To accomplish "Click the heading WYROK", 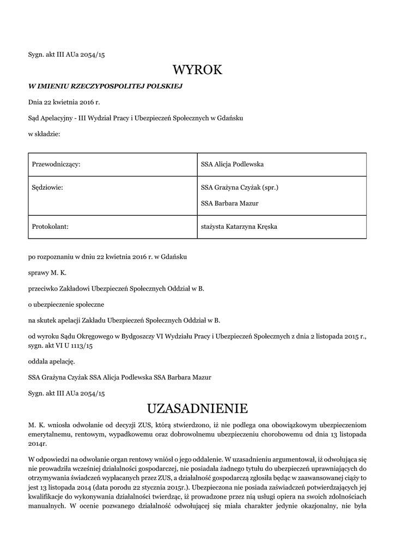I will tap(197, 70).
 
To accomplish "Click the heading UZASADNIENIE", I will tap(197, 408).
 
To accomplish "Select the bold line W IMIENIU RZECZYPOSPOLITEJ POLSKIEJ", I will tap(105, 86).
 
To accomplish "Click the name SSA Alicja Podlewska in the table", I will tap(232, 165).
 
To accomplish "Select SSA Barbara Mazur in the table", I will tap(229, 204).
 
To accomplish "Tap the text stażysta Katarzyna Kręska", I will tap(239, 227).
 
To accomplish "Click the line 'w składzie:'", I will tap(44, 134).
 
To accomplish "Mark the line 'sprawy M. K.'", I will tap(47, 272).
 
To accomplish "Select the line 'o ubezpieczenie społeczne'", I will tap(66, 304).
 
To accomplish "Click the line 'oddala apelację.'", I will tap(52, 361).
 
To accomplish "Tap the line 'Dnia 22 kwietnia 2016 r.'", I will tap(64, 102).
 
